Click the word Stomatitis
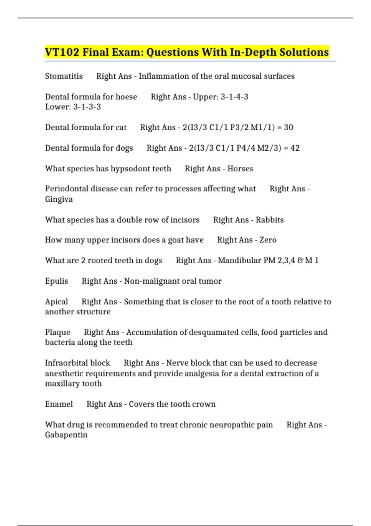(x=64, y=76)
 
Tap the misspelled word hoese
(x=126, y=97)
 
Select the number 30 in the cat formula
(x=288, y=127)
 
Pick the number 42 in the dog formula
(x=295, y=148)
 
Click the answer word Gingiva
(x=59, y=199)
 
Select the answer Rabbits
(x=270, y=220)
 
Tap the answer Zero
(x=268, y=240)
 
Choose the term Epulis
(x=57, y=281)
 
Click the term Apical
(x=56, y=302)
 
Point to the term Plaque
(x=58, y=332)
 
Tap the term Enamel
(x=59, y=404)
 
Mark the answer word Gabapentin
(x=66, y=435)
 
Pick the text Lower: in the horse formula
(x=58, y=107)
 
